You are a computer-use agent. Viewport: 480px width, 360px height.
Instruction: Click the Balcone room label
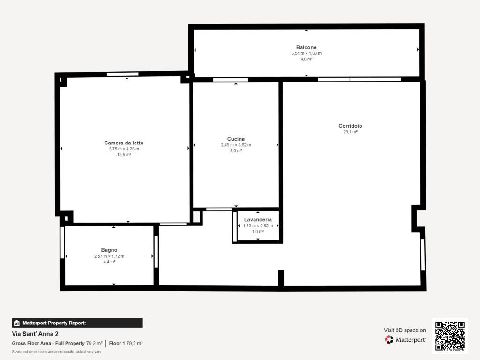tap(306, 47)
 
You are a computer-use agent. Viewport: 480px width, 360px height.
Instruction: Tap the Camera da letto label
tap(124, 142)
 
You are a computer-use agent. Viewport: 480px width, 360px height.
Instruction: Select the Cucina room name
tap(236, 139)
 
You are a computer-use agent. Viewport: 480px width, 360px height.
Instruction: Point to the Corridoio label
tap(350, 126)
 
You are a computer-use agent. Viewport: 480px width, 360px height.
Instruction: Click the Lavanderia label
tap(258, 219)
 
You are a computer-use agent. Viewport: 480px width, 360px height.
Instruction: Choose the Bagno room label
tap(109, 250)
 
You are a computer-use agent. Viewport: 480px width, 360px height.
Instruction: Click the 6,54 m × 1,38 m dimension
tap(306, 53)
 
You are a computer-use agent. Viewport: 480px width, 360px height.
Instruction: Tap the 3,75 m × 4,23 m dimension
tap(124, 149)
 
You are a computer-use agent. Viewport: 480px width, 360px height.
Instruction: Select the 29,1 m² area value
tap(350, 132)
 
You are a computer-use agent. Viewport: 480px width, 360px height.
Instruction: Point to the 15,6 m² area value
tap(124, 155)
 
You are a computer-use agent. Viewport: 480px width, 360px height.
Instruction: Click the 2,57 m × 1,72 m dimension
tap(109, 256)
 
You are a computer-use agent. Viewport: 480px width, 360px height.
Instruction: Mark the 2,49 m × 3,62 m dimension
tap(236, 145)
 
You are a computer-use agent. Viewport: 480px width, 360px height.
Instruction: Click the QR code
tap(450, 336)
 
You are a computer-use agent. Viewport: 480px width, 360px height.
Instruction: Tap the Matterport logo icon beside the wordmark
tap(389, 339)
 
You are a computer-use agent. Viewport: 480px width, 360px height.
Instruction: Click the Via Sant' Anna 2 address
tap(35, 334)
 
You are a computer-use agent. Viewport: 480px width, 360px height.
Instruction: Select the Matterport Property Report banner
tap(77, 322)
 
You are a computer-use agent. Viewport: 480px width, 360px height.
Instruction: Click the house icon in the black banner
tap(17, 322)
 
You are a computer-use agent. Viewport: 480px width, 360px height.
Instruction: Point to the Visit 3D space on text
tap(405, 330)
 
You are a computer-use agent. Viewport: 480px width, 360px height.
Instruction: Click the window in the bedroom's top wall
tap(122, 74)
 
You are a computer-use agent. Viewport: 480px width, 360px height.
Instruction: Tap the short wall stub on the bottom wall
tap(281, 278)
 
